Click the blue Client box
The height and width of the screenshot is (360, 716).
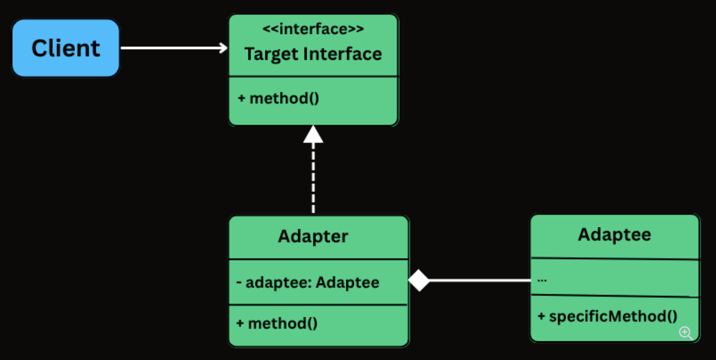click(x=66, y=48)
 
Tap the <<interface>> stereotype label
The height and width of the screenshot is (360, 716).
click(x=313, y=29)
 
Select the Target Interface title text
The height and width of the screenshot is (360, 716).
click(x=313, y=54)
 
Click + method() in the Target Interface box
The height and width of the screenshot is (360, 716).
click(x=278, y=98)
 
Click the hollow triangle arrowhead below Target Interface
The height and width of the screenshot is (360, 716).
click(x=313, y=135)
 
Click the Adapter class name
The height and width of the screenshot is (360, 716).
click(x=313, y=236)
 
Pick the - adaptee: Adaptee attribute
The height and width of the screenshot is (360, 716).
click(x=308, y=282)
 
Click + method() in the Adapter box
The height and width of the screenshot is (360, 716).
click(x=277, y=323)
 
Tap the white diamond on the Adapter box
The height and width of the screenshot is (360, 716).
click(x=419, y=280)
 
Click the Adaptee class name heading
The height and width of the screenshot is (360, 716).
click(x=614, y=234)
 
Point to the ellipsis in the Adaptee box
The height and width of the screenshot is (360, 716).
click(x=542, y=279)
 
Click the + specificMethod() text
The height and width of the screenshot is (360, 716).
click(x=608, y=316)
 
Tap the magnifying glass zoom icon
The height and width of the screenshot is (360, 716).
click(x=686, y=333)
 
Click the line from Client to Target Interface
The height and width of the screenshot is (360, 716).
click(x=171, y=48)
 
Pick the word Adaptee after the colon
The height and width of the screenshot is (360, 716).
click(x=347, y=282)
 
